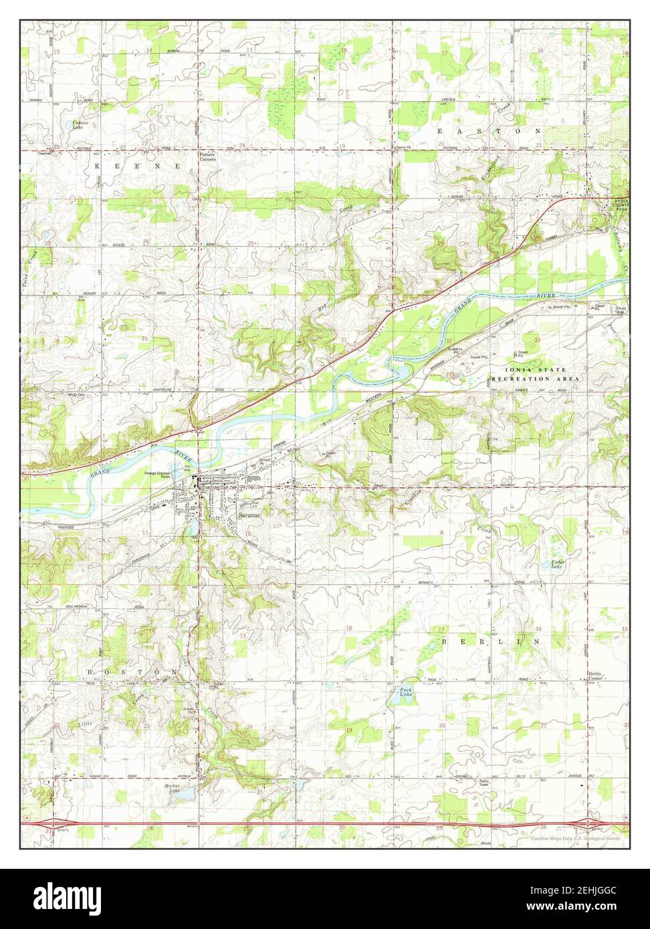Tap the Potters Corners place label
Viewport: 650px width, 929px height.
[208, 157]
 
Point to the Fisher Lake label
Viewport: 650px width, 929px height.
[558, 564]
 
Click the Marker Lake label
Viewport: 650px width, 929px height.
[173, 788]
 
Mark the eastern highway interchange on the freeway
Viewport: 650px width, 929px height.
[590, 824]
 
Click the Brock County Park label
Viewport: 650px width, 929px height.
[621, 206]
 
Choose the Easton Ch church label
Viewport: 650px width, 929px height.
[401, 148]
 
